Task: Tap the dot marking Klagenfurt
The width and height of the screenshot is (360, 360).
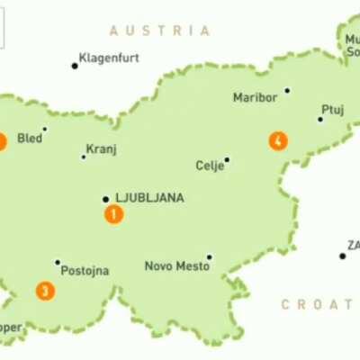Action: (75, 65)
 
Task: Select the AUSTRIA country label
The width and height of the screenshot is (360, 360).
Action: (160, 31)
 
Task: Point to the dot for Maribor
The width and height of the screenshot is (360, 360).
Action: (287, 90)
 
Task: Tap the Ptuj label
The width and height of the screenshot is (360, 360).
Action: (332, 109)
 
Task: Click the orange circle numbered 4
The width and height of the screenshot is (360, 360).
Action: (278, 141)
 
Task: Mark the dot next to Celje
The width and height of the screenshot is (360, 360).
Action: (227, 160)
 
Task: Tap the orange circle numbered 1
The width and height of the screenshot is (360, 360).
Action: (113, 214)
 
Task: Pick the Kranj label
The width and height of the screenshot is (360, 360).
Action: (101, 149)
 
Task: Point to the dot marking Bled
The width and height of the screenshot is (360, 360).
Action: (44, 130)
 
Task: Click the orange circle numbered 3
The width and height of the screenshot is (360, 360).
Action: (44, 291)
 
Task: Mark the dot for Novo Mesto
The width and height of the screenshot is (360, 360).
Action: (209, 256)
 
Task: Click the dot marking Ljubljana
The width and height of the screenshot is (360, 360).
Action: (105, 199)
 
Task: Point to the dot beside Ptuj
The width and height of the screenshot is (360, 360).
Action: (319, 119)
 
